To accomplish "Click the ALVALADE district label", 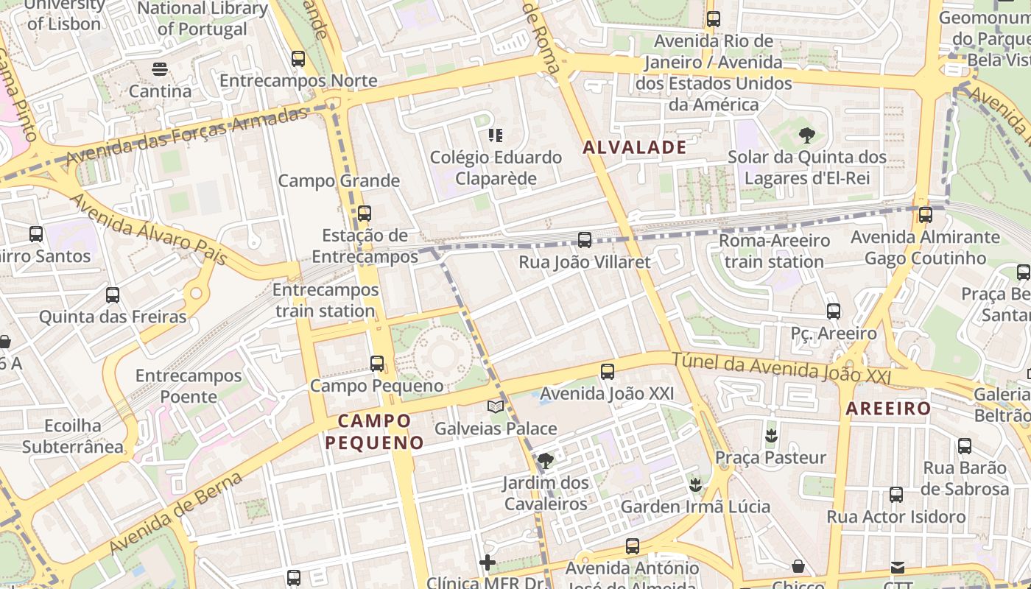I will [x=634, y=147].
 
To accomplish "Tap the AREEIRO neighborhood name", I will [x=888, y=409].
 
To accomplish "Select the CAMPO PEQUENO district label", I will [x=375, y=431].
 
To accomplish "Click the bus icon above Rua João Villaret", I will [x=585, y=240].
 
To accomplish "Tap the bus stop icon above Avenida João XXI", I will [x=608, y=372].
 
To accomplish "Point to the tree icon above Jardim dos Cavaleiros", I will [x=545, y=462].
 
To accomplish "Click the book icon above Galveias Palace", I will [x=496, y=406].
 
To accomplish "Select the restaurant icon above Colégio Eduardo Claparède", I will [x=496, y=135].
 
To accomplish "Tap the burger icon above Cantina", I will [x=160, y=70].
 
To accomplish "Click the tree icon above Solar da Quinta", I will [x=807, y=135].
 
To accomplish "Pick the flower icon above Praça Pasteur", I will [x=771, y=436].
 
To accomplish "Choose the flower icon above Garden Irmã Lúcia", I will [x=694, y=485].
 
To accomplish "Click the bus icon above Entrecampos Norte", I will [x=298, y=59].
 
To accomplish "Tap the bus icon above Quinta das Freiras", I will [x=113, y=295].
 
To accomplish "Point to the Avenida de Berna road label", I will [x=175, y=513].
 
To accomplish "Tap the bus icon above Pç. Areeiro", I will [x=834, y=311].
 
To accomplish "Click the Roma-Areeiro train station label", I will [x=774, y=251].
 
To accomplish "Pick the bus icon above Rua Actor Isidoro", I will [x=896, y=495].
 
